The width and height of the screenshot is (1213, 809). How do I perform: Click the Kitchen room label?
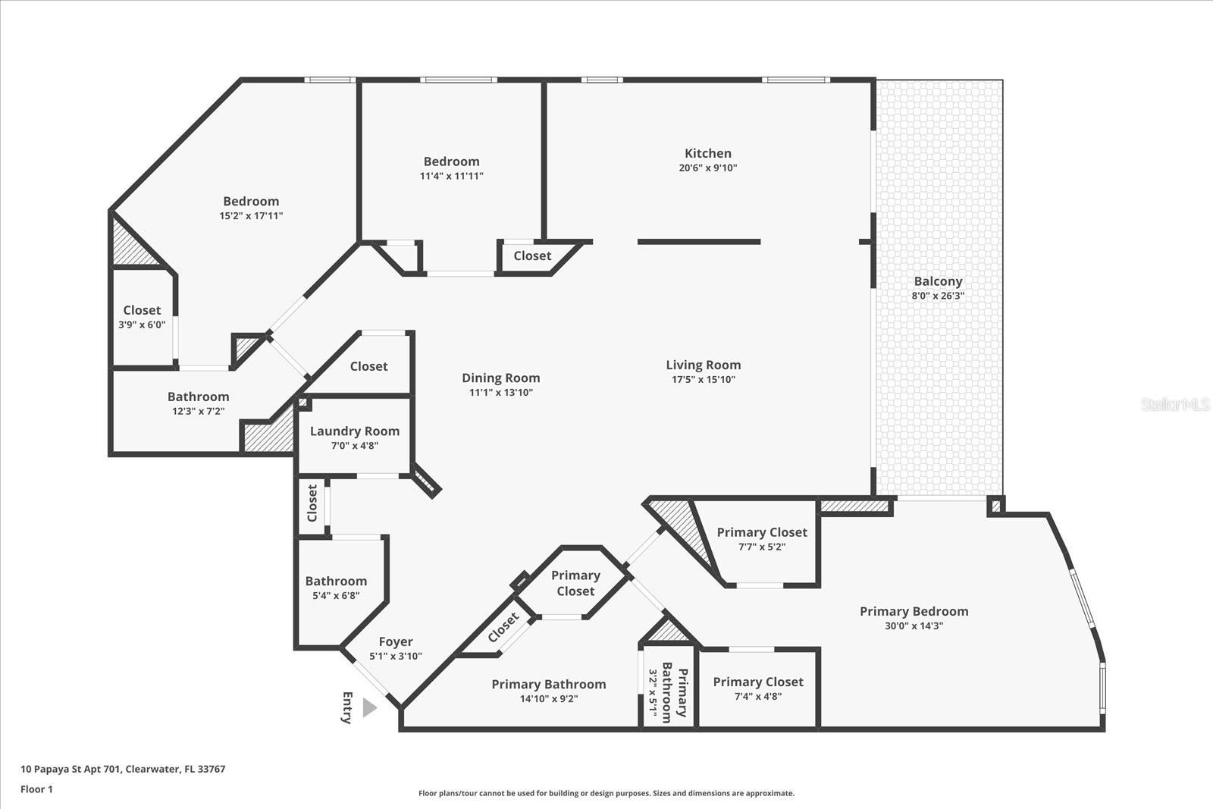[707, 153]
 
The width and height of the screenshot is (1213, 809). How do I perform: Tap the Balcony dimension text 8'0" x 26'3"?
[937, 296]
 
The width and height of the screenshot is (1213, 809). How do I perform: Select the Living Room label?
[703, 365]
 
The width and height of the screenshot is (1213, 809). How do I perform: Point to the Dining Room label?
[500, 378]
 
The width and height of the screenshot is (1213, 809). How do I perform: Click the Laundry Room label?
[354, 431]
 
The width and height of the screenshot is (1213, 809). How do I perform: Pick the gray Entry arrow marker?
[369, 707]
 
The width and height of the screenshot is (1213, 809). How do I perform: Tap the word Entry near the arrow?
[347, 707]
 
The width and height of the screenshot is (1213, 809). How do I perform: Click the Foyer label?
[395, 641]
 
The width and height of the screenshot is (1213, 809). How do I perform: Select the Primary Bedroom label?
[914, 611]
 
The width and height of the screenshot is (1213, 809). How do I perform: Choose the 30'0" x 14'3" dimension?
[914, 626]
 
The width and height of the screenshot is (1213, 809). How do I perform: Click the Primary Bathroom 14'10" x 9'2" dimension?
[548, 699]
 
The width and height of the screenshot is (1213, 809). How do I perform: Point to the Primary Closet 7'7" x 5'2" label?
[761, 532]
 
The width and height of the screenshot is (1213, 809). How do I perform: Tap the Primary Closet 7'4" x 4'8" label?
[757, 682]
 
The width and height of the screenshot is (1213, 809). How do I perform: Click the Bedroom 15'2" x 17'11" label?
[251, 201]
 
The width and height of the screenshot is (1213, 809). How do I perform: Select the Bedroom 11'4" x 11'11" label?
[451, 161]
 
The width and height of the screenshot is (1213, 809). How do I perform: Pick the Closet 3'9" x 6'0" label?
[142, 310]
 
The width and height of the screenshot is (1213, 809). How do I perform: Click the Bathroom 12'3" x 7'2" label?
[198, 397]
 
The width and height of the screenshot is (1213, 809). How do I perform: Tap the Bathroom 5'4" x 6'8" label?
[336, 581]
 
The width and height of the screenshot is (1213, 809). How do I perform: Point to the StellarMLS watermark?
[1174, 404]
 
